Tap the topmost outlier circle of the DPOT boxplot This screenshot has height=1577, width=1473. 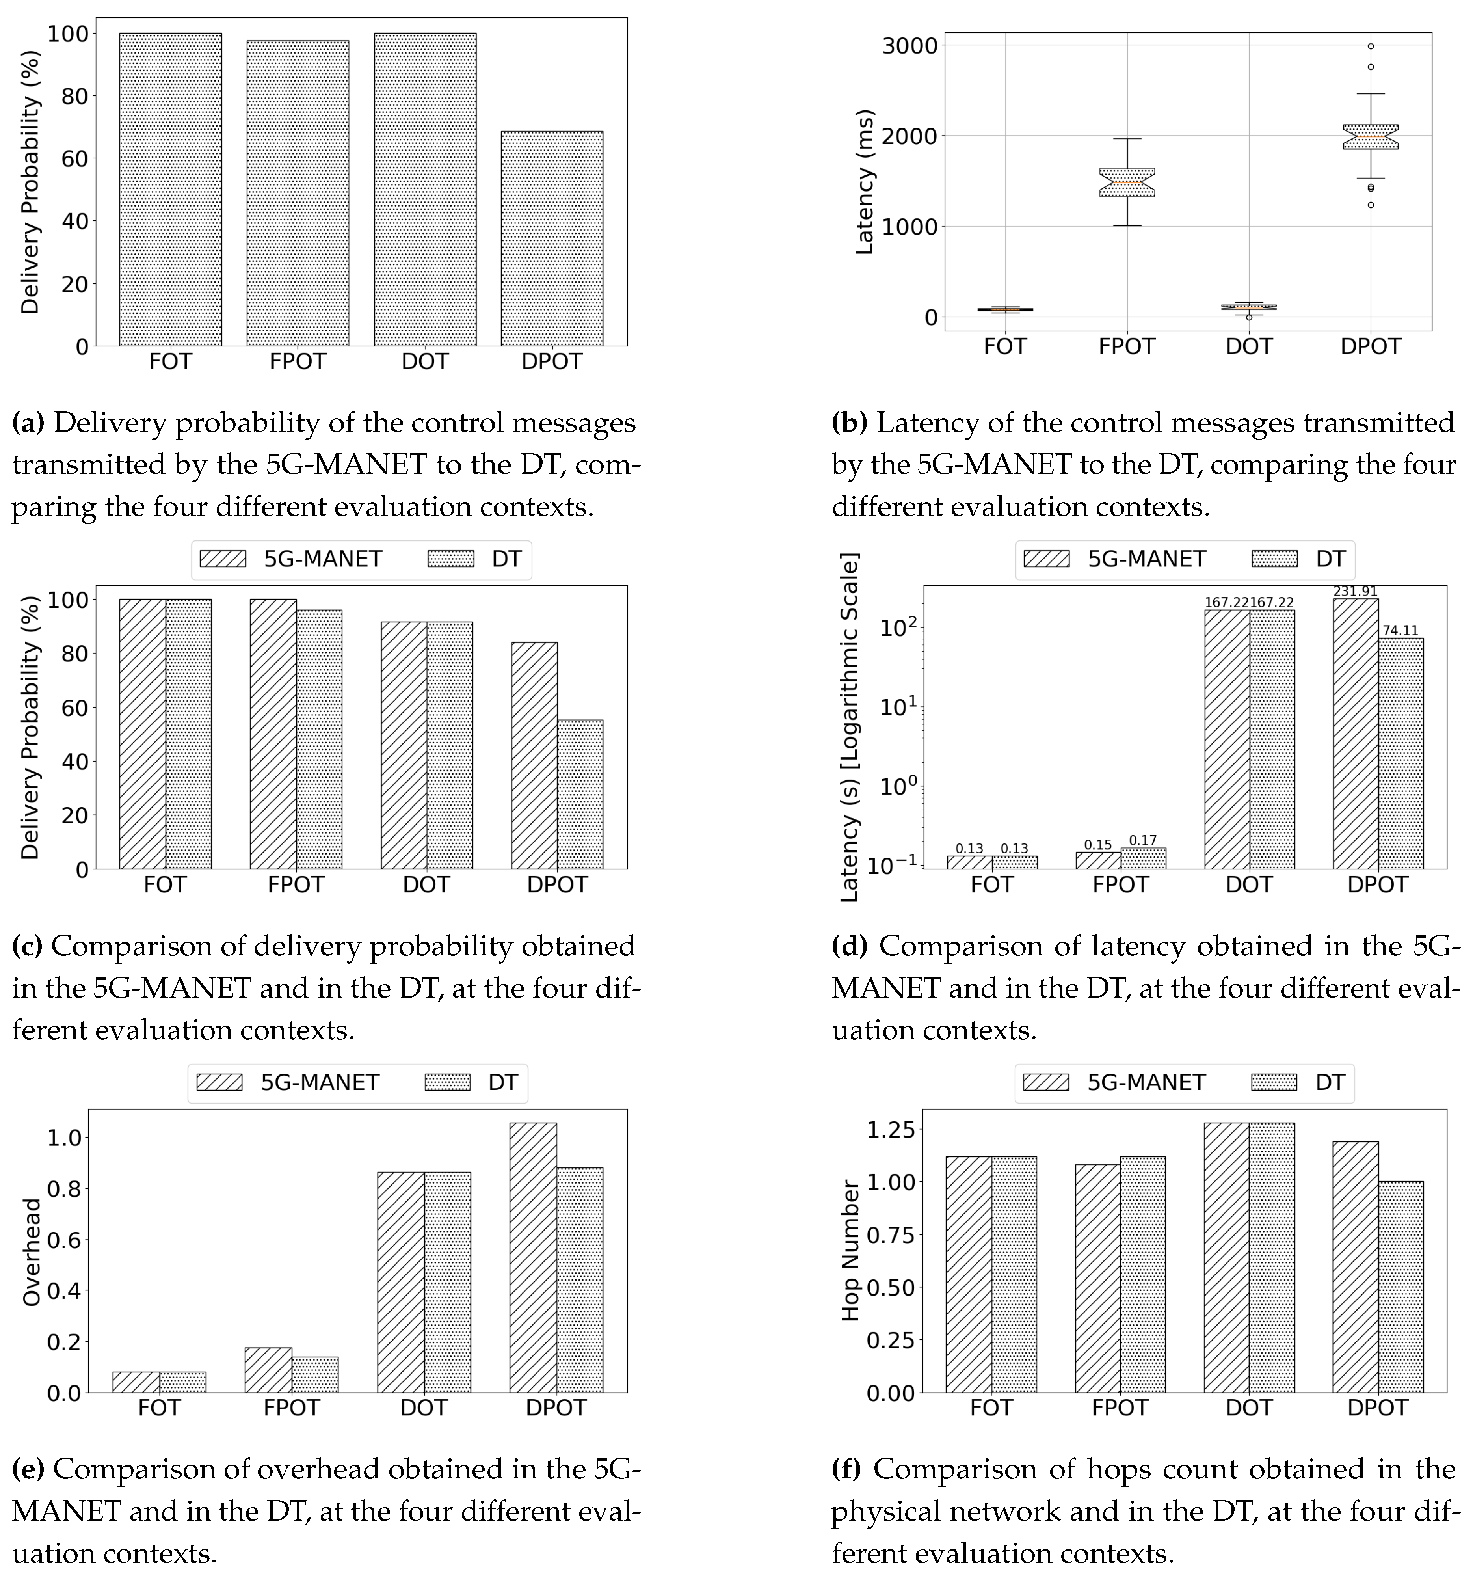tap(1371, 46)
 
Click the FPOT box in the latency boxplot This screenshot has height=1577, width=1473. tap(1126, 182)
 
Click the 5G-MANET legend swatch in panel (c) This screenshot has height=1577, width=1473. tap(223, 559)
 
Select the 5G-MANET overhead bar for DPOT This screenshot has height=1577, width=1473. tap(533, 1257)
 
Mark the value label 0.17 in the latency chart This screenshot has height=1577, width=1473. tap(1143, 840)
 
